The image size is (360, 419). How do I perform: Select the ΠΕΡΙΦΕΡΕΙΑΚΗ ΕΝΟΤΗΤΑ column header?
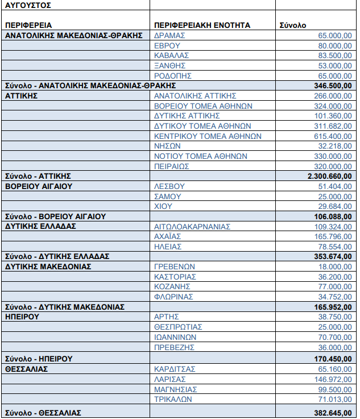pos(202,25)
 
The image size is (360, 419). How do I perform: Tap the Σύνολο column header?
pos(293,25)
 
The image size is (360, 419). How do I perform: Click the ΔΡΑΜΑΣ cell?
pos(169,35)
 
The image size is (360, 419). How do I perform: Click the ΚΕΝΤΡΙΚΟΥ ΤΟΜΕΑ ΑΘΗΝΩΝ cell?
pos(208,136)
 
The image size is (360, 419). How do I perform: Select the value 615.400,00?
pos(333,136)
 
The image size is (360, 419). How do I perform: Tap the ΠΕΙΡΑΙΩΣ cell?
pos(172,166)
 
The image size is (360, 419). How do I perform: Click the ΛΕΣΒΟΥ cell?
pos(168,187)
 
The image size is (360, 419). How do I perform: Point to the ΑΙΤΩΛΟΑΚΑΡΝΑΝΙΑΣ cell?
pos(192,227)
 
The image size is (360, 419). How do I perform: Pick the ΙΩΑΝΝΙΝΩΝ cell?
pos(175,337)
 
